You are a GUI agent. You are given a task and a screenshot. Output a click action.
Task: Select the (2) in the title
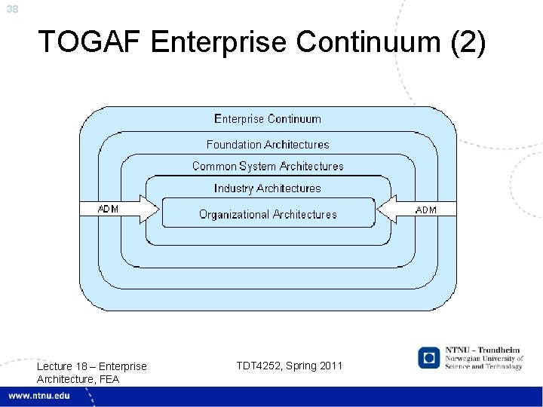click(x=467, y=42)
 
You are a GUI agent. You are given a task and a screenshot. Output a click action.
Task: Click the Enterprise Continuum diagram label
click(x=268, y=119)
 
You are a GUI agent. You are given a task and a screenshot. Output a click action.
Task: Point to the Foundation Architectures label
click(x=268, y=144)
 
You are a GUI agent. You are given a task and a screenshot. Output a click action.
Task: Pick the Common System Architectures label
click(x=268, y=166)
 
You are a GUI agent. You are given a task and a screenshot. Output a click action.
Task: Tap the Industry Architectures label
click(x=268, y=188)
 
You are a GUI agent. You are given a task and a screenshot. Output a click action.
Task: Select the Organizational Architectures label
click(x=268, y=215)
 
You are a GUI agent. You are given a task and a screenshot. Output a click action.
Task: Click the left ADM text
click(x=109, y=209)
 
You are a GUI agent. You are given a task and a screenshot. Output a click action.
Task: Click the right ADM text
click(x=426, y=210)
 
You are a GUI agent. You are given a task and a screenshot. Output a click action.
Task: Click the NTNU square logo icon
click(x=429, y=357)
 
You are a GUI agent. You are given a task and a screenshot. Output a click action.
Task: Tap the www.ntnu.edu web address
click(x=40, y=396)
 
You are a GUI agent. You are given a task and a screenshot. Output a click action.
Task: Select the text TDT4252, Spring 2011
click(x=289, y=366)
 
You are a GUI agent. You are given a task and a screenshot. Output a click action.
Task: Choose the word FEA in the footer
click(x=109, y=378)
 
